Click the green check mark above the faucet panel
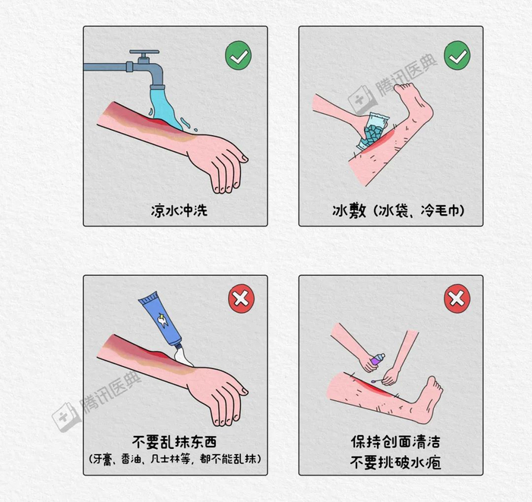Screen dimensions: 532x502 [238, 55]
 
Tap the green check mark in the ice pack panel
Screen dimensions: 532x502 [457, 55]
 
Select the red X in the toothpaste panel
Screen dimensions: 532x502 [241, 298]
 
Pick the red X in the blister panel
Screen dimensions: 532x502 [457, 298]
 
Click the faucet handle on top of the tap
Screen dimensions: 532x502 [144, 54]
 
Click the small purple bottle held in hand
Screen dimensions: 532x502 [378, 358]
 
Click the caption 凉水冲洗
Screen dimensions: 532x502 [179, 210]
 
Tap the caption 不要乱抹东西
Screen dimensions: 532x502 [174, 442]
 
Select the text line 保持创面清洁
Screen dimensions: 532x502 [396, 442]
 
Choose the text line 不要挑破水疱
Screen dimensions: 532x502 [396, 463]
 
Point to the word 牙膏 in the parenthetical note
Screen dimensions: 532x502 [103, 459]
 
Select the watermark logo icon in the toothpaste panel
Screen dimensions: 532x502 [65, 418]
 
